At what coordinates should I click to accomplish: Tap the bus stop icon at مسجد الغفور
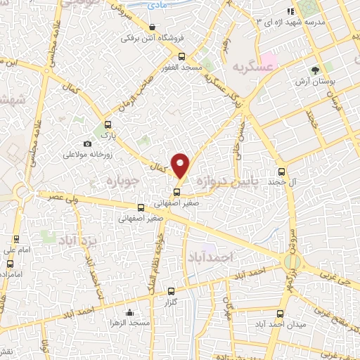(x=182, y=57)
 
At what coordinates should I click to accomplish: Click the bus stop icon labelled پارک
(x=108, y=122)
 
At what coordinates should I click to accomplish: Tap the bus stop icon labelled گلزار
(x=171, y=291)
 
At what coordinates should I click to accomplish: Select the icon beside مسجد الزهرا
(x=129, y=313)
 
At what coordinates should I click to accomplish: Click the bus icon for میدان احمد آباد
(x=281, y=314)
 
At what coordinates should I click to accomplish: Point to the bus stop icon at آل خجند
(x=282, y=171)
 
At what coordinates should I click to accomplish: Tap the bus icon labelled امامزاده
(x=9, y=264)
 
